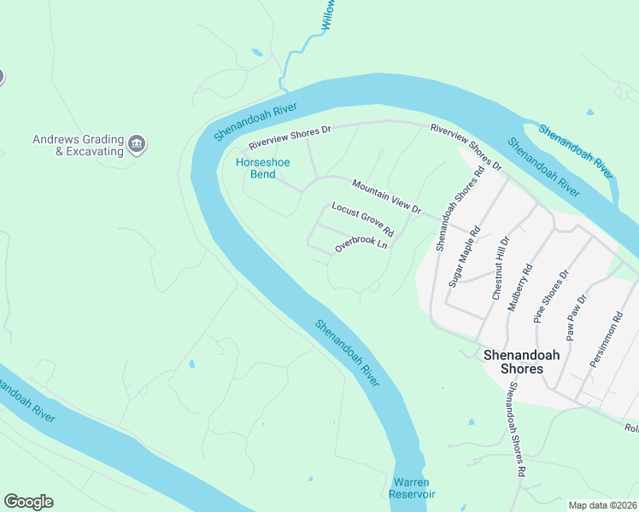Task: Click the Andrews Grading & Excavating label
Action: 78,145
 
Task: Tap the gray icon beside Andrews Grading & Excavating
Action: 138,145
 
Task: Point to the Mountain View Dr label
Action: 387,196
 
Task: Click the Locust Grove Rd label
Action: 362,220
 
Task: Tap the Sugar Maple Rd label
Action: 465,255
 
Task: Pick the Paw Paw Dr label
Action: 577,317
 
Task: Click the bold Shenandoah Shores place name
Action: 513,361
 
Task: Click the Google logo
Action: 28,502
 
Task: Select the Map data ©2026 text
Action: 603,505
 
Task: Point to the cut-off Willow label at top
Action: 327,16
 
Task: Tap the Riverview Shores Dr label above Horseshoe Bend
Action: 290,137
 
